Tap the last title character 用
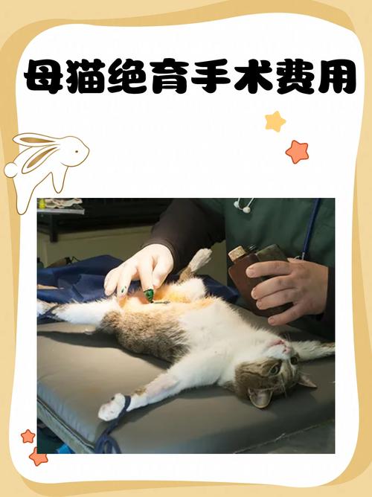[333, 76]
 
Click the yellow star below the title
[275, 121]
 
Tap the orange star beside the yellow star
[297, 151]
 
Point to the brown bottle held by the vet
[253, 275]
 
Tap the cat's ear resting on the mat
[260, 397]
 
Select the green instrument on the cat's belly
[149, 295]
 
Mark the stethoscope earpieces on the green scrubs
[244, 205]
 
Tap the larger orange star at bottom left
[37, 455]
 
